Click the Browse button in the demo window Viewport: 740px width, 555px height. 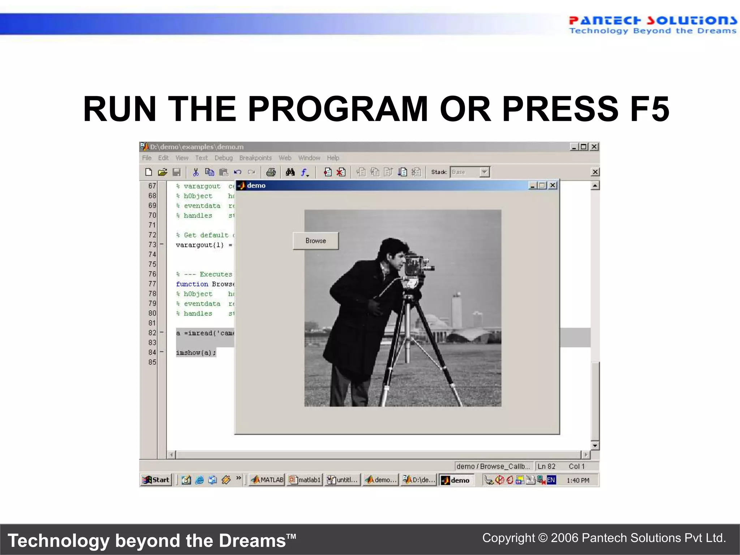tap(315, 241)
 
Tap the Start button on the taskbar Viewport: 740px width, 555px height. tap(156, 480)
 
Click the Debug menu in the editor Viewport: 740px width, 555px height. tap(223, 158)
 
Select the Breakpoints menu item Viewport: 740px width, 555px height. tap(255, 158)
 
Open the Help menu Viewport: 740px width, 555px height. tap(333, 158)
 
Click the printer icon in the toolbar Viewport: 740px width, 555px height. tap(271, 172)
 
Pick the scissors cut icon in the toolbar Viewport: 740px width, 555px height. tap(195, 172)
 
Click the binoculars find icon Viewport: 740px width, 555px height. tap(290, 172)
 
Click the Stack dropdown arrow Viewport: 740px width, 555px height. tap(485, 172)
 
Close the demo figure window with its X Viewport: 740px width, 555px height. tap(552, 185)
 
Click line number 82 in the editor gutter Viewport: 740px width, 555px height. tap(152, 333)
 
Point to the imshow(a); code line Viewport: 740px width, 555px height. tap(196, 353)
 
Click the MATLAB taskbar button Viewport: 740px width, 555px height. tap(267, 480)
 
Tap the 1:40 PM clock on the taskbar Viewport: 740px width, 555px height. tap(578, 480)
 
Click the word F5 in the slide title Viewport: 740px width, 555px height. tap(649, 109)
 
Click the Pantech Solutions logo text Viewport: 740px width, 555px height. tap(653, 21)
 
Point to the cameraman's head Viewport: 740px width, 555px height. tap(394, 253)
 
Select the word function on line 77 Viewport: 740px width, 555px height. tap(192, 284)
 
